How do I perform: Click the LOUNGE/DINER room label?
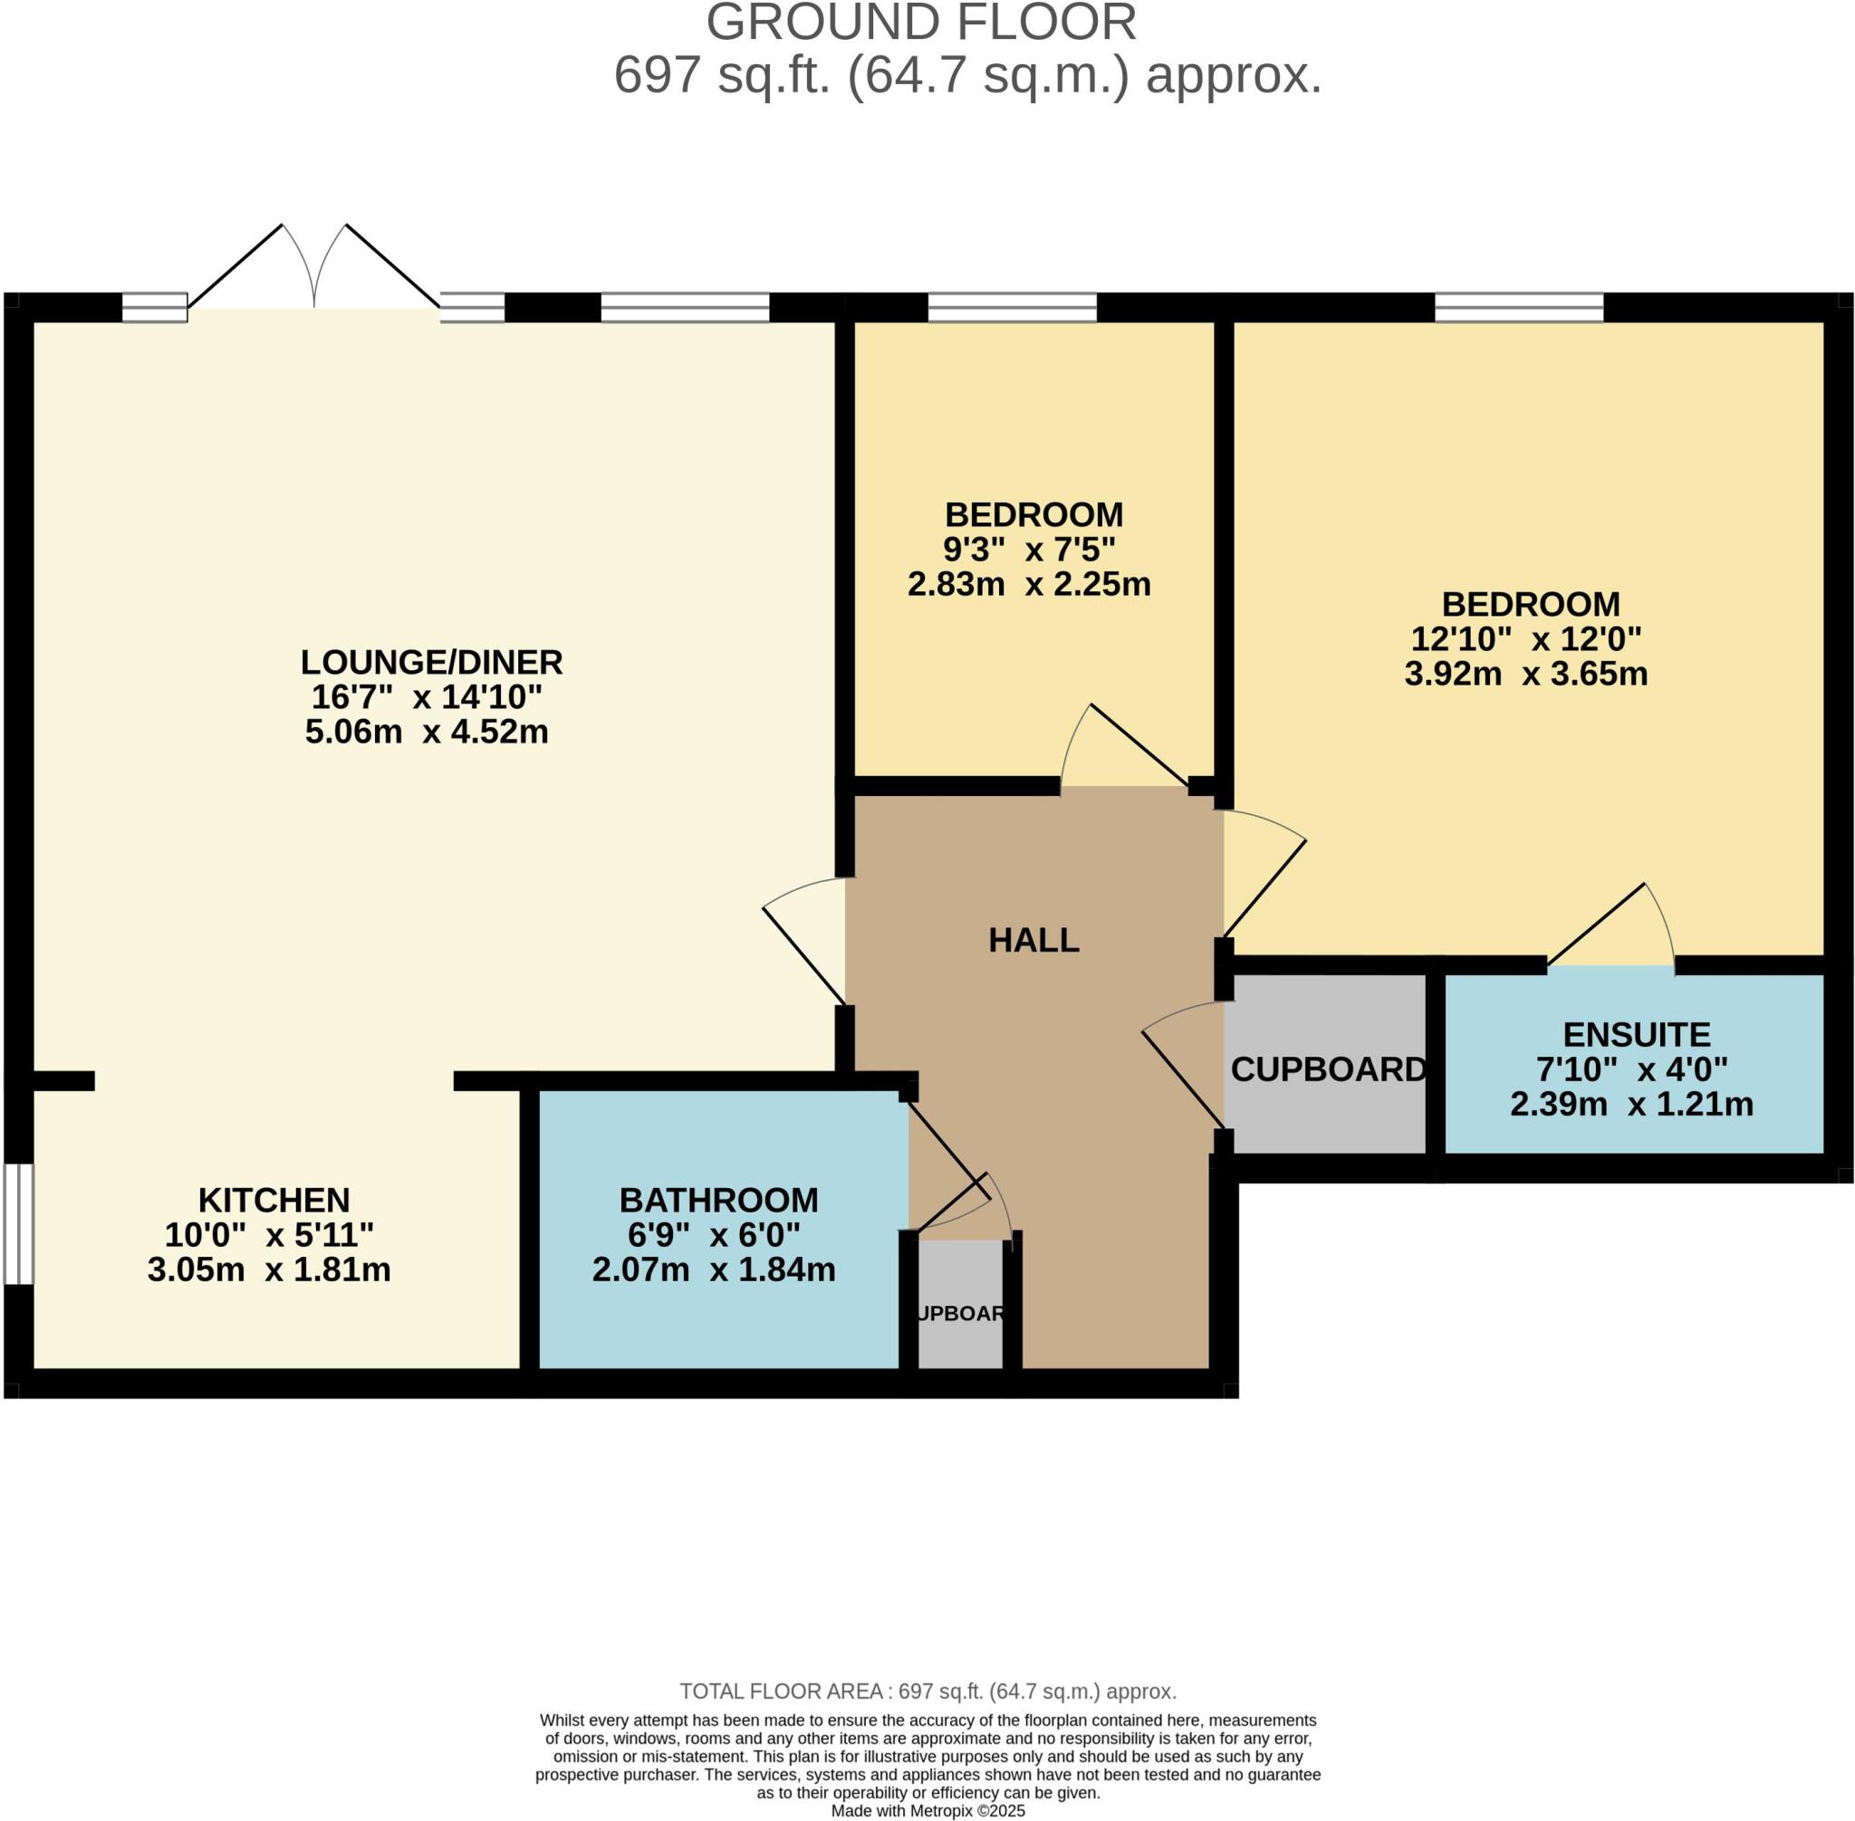[430, 662]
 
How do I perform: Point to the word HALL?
[1033, 940]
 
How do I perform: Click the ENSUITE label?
[1636, 1035]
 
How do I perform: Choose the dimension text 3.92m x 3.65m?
[1525, 674]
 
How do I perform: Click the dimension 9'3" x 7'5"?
[1028, 549]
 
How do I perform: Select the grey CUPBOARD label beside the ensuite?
[1328, 1069]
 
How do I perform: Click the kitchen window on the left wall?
[18, 1223]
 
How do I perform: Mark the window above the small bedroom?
[1011, 307]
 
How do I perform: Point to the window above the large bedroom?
[1518, 307]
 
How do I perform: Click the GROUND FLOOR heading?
[921, 23]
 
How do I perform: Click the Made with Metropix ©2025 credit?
[927, 1810]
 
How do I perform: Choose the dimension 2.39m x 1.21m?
[1631, 1105]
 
